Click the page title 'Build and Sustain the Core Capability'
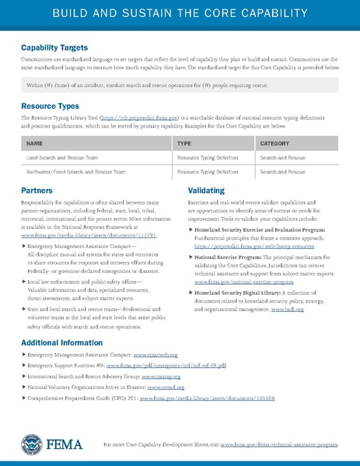[x=180, y=15]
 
